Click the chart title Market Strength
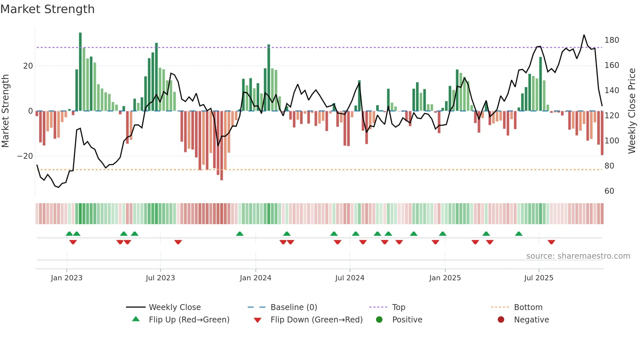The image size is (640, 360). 47,9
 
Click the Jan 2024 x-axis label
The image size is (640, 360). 255,278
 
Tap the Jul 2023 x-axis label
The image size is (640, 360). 160,278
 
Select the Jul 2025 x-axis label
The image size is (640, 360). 538,278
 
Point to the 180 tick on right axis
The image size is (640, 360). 612,40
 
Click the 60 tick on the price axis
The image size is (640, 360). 609,191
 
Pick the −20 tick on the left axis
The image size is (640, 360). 25,156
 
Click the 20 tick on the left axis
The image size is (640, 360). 28,66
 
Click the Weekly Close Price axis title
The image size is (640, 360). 632,111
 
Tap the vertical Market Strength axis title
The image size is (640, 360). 6,111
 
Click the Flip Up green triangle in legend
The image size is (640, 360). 136,319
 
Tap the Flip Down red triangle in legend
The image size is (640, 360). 257,320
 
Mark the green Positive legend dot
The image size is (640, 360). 379,319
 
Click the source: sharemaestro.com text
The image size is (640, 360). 578,256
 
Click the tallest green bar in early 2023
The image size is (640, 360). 80,72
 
